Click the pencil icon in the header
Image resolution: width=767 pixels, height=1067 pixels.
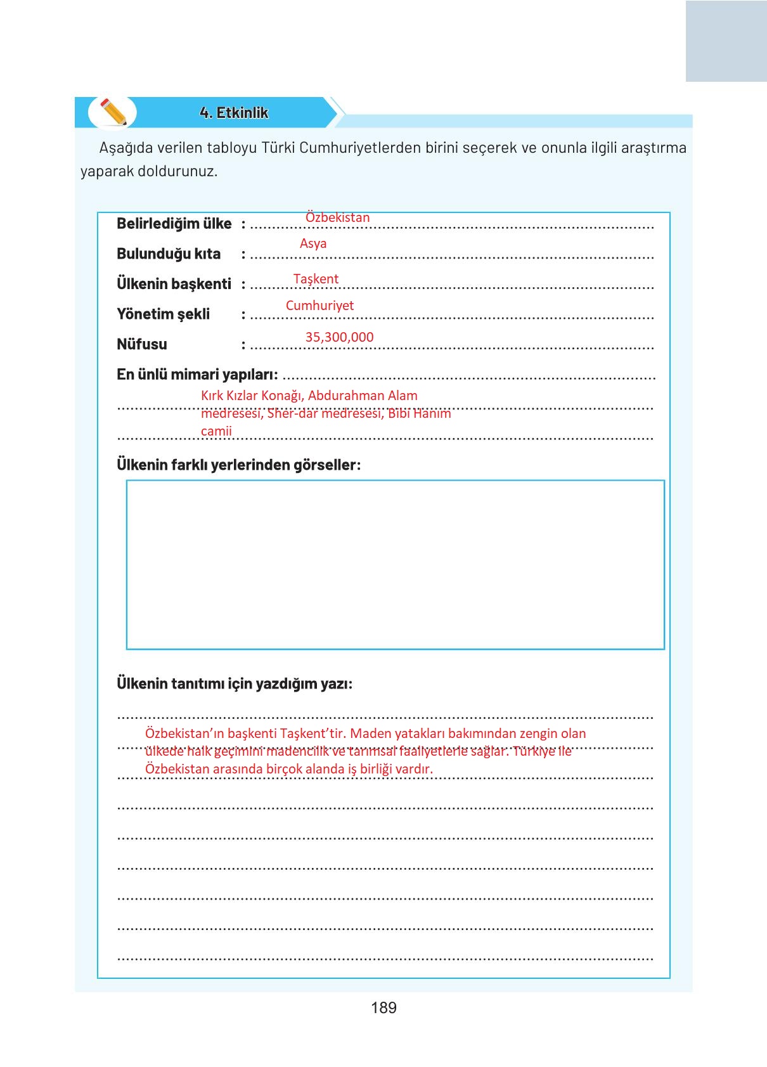[x=113, y=112]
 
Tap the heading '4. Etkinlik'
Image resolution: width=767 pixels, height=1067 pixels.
[x=234, y=113]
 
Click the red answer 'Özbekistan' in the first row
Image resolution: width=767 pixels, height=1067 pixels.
[x=337, y=217]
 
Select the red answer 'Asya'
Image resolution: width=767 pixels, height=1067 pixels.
[x=313, y=243]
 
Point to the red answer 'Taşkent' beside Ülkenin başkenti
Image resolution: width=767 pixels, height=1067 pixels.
[x=316, y=279]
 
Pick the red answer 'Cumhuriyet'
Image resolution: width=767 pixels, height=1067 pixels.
[x=319, y=306]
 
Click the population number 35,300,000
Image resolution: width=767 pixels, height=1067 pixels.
[x=339, y=337]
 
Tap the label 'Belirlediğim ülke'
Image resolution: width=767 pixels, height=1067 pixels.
[x=174, y=224]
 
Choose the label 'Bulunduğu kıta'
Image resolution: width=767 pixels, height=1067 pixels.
[x=169, y=254]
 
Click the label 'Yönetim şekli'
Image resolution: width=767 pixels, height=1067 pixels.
[x=163, y=314]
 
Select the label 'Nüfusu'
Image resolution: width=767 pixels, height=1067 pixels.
[x=142, y=344]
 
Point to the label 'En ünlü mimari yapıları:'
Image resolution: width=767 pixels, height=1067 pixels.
[x=197, y=375]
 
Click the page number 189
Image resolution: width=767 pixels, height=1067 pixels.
[x=383, y=1007]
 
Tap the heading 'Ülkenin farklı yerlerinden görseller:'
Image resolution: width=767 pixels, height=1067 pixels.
[x=238, y=465]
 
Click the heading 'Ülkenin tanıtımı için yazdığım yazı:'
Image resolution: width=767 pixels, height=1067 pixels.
[x=235, y=683]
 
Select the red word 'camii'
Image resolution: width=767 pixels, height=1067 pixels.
[x=216, y=431]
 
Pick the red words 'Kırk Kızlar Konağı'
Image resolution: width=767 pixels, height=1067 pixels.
[x=251, y=396]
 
